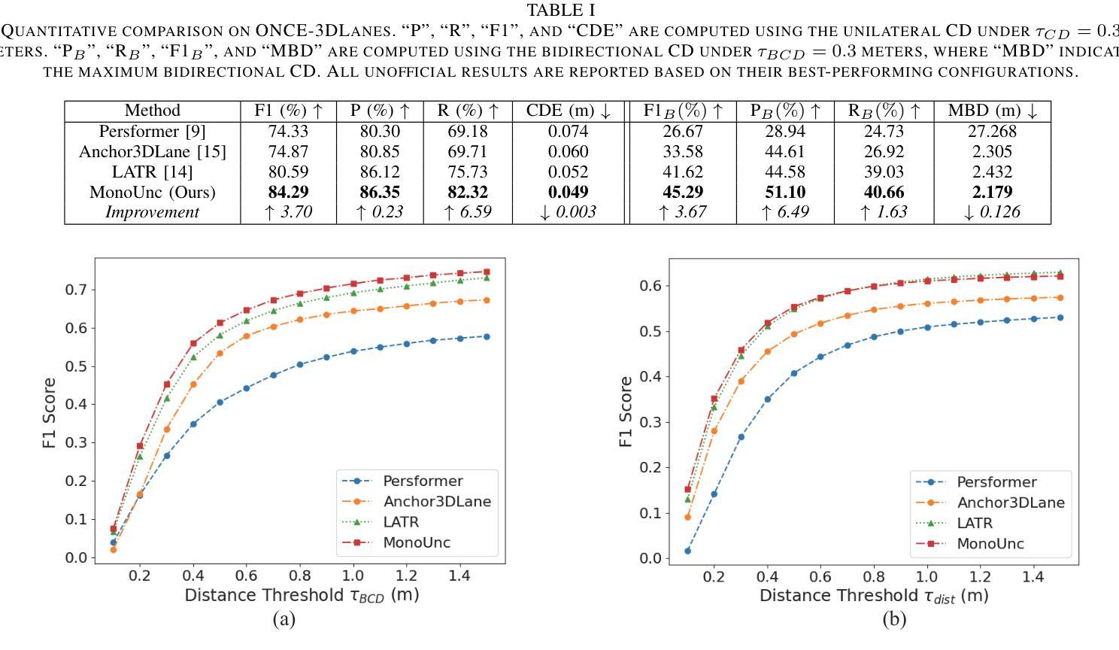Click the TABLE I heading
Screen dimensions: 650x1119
coord(560,11)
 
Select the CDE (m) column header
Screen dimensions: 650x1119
coord(568,111)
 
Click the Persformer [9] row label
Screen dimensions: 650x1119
coord(152,131)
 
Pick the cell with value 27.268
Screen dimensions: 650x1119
coord(991,131)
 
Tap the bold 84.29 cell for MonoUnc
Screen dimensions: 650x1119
coord(288,192)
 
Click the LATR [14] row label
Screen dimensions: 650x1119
coord(152,172)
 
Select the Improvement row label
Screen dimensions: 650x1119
coord(152,212)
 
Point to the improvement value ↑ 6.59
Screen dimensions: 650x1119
coord(467,212)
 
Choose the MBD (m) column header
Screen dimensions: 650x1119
coord(991,111)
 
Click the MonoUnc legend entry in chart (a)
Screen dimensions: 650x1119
coord(416,542)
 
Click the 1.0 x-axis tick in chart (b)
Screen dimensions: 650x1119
coord(927,577)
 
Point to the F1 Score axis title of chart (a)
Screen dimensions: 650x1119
coord(50,413)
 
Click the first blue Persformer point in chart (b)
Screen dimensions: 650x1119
coord(687,551)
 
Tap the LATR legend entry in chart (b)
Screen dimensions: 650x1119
coord(975,523)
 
